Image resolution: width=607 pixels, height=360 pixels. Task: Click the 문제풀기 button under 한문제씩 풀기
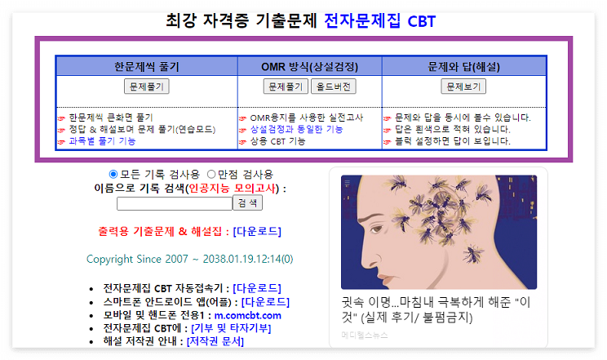tap(147, 86)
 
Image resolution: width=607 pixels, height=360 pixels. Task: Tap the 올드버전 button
tap(334, 86)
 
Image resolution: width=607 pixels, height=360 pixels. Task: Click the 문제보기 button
tap(463, 86)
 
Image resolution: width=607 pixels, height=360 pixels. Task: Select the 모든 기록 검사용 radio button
tap(113, 174)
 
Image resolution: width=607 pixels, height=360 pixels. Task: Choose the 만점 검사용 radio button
tap(211, 174)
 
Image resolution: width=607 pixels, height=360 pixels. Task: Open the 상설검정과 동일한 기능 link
tap(296, 129)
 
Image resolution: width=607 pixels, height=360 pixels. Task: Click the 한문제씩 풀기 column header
tap(147, 66)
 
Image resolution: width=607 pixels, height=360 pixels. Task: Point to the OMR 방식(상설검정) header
tap(310, 66)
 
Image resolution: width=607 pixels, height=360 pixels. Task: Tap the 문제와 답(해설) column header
tap(463, 66)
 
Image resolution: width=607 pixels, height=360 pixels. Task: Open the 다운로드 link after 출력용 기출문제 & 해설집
tap(257, 231)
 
